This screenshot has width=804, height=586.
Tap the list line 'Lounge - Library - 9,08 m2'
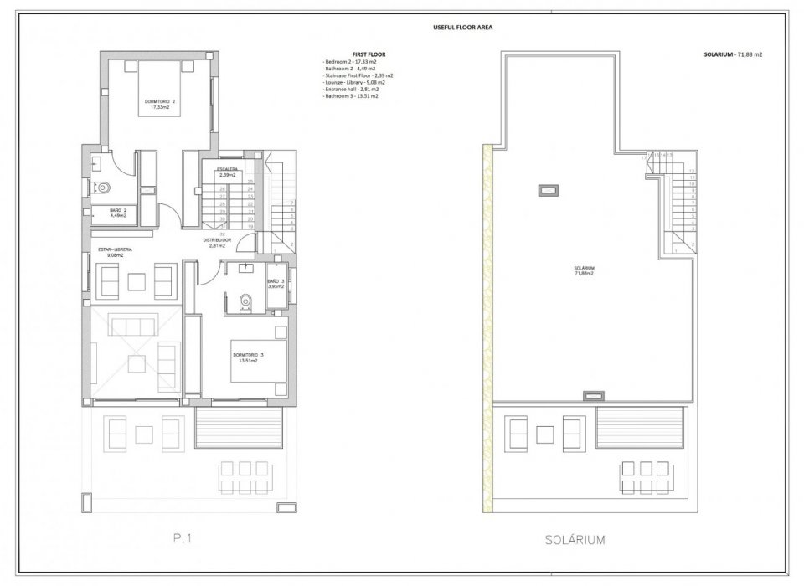353,83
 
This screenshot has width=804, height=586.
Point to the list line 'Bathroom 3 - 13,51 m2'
350,96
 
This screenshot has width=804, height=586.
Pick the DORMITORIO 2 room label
159,105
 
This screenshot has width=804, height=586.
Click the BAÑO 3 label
276,284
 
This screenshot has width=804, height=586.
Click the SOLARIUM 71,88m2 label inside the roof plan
584,271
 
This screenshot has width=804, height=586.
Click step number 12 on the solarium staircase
692,170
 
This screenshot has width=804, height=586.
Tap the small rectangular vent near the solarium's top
549,189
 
